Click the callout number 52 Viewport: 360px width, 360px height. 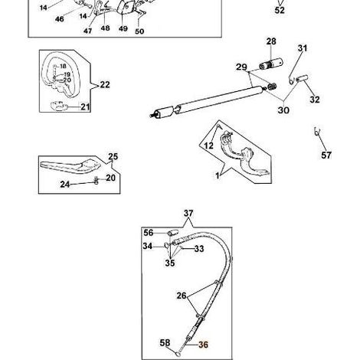point(280,11)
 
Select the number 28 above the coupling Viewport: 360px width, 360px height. point(271,41)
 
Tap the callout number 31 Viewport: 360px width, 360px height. point(303,48)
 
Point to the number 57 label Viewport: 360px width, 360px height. point(326,155)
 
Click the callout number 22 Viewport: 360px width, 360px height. point(105,84)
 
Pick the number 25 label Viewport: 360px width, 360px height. point(113,156)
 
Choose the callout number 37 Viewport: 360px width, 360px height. point(188,213)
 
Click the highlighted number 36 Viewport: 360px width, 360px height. point(203,345)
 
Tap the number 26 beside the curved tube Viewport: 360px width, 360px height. point(182,296)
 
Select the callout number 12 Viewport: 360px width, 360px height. point(208,146)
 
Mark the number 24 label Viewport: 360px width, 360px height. point(65,184)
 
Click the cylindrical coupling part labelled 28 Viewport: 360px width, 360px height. point(271,64)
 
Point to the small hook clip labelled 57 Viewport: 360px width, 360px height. point(317,131)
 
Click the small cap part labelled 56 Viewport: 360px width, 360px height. point(172,233)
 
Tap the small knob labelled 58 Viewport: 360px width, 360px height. point(178,354)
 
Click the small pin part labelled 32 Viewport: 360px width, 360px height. point(302,78)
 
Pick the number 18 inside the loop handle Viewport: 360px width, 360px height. point(63,67)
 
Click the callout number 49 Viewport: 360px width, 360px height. point(123,28)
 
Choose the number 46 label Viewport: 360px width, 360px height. point(60,19)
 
